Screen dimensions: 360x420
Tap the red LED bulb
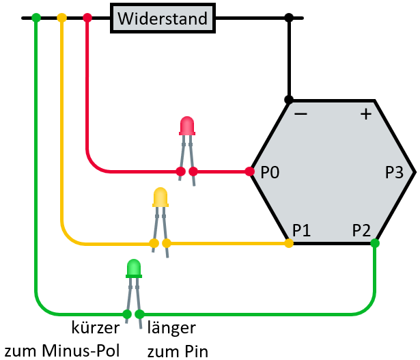(186, 126)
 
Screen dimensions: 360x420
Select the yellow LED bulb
(160, 197)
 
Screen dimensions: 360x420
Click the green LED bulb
(133, 268)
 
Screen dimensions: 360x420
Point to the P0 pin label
(270, 172)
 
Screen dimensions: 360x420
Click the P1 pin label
(302, 230)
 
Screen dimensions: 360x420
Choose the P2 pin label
(362, 230)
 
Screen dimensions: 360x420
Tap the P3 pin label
(394, 172)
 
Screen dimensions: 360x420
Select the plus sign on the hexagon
(365, 114)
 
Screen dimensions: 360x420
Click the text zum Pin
(178, 350)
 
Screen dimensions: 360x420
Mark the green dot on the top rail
(36, 17)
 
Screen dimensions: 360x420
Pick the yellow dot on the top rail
(61, 17)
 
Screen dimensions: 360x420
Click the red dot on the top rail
(87, 17)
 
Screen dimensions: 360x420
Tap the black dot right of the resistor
(289, 17)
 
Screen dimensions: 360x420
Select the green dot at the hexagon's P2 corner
(375, 243)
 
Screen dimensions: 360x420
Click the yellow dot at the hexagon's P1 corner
(289, 243)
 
